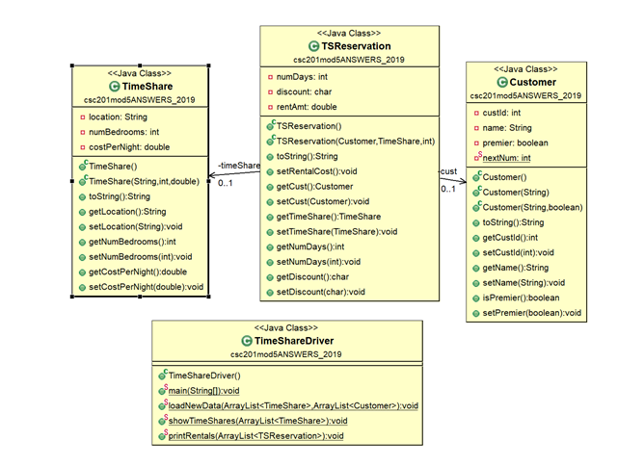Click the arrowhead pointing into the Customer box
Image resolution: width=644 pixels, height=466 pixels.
463,179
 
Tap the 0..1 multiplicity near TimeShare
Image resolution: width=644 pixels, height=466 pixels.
226,184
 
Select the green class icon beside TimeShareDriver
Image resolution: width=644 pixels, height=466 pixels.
247,341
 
